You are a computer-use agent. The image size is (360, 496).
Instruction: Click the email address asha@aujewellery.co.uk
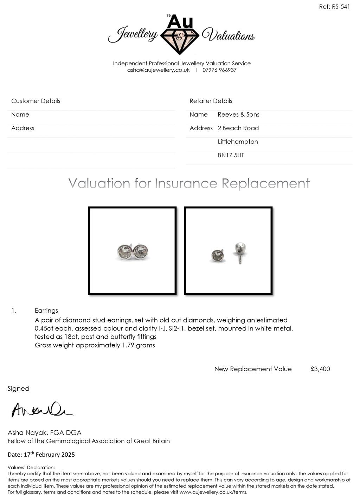click(158, 70)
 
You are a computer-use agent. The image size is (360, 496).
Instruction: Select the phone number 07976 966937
click(219, 70)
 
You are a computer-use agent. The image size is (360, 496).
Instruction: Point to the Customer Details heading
click(36, 101)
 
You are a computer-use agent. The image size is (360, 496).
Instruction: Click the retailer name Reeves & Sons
click(238, 115)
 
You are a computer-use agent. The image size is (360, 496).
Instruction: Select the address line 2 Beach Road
click(238, 128)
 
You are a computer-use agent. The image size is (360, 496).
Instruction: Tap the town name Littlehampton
click(238, 142)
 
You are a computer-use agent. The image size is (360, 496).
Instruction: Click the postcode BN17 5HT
click(231, 155)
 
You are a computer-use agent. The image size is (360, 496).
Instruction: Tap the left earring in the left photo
click(125, 252)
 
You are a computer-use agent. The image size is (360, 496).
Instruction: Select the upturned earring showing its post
click(240, 250)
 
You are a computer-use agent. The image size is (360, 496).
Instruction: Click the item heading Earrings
click(46, 311)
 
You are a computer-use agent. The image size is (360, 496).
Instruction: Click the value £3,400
click(320, 369)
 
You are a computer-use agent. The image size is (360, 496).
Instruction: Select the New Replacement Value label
click(253, 369)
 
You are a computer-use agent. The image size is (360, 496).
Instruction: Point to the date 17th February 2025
click(49, 455)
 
